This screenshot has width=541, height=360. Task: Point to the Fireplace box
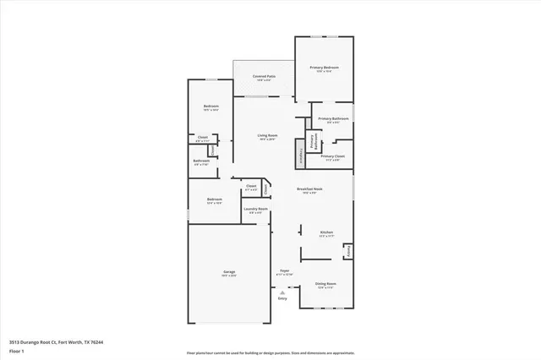[x=299, y=156]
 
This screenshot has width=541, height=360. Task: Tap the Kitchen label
[x=326, y=234]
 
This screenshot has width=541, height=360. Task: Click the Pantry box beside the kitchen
[x=347, y=251]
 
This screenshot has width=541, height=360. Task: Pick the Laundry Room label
[x=256, y=210]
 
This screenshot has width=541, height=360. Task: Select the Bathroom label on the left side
[x=201, y=162]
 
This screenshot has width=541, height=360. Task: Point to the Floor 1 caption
[x=16, y=351]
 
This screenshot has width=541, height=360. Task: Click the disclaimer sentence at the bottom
[x=270, y=352]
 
